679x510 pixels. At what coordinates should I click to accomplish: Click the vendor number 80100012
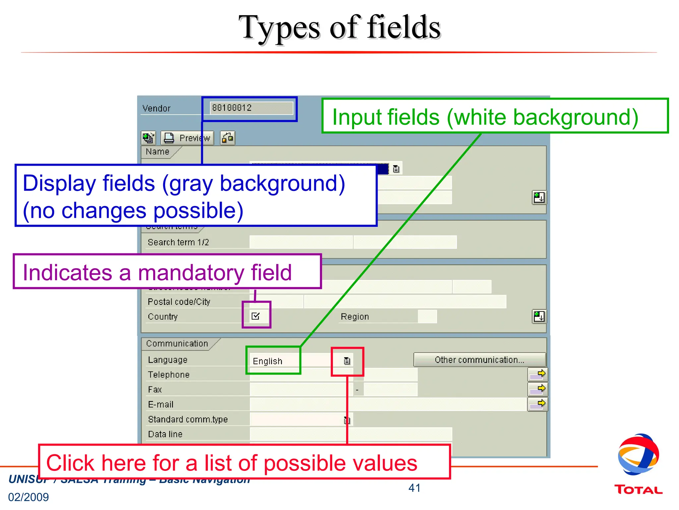pos(232,108)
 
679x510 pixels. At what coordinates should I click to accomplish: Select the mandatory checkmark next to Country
pos(256,316)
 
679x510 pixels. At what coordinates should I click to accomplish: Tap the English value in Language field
pos(267,361)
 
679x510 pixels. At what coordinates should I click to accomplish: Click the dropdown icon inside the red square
pos(347,361)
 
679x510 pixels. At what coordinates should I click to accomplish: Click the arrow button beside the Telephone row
pos(537,374)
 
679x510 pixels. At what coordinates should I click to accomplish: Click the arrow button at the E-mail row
pos(537,404)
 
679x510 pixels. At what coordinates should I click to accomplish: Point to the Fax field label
pos(155,389)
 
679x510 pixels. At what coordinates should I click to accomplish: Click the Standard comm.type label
pos(188,419)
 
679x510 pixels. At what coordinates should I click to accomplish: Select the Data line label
pos(165,434)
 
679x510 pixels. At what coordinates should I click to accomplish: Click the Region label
pos(355,317)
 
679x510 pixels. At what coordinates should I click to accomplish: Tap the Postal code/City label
pos(179,302)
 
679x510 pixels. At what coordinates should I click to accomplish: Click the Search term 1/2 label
pos(178,242)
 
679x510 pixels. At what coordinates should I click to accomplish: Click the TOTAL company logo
pos(638,465)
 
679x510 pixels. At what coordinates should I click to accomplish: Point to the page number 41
pos(414,488)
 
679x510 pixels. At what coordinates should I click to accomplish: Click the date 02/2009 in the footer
pos(29,497)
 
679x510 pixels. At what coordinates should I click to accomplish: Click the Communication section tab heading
pos(177,344)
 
